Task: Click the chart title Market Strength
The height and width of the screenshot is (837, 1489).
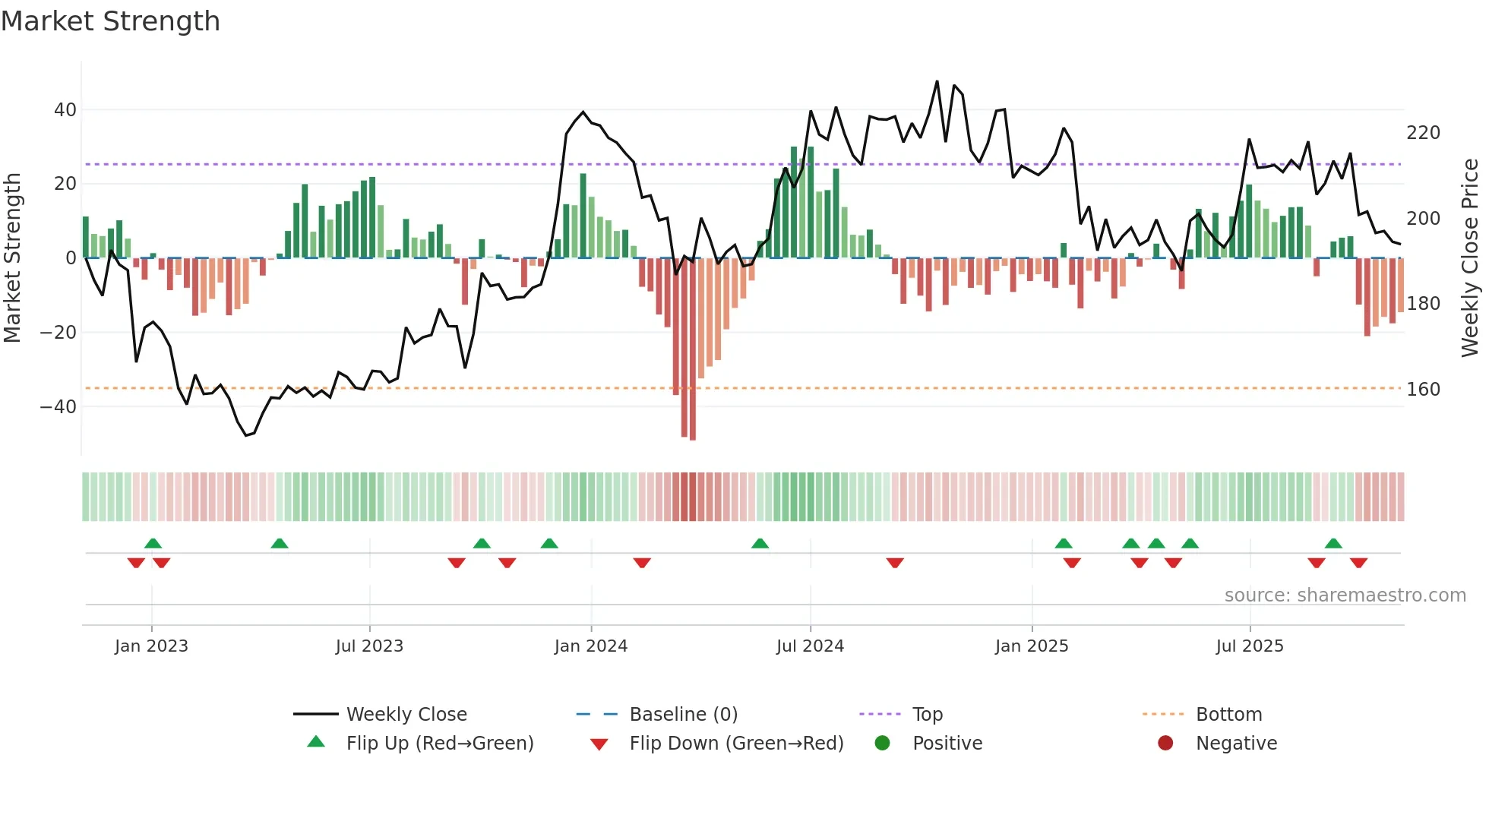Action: (x=111, y=21)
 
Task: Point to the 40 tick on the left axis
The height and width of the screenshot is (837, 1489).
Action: (x=65, y=110)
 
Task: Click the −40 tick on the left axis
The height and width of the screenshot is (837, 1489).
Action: (x=58, y=407)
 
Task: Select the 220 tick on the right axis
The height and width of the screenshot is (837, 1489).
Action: (x=1423, y=133)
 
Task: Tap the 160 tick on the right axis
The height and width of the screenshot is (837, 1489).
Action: (x=1423, y=390)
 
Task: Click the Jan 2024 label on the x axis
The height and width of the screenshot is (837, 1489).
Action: (x=590, y=646)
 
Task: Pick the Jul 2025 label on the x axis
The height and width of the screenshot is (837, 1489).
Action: (x=1249, y=646)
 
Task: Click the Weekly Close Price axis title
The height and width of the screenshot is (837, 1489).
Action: (x=1469, y=258)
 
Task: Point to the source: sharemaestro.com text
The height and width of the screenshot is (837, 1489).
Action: (x=1345, y=595)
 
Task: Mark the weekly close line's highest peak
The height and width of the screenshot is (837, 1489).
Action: (x=937, y=81)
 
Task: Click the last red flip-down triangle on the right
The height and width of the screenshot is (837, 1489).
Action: (x=1358, y=563)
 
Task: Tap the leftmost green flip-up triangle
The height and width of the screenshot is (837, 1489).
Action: (x=153, y=543)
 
